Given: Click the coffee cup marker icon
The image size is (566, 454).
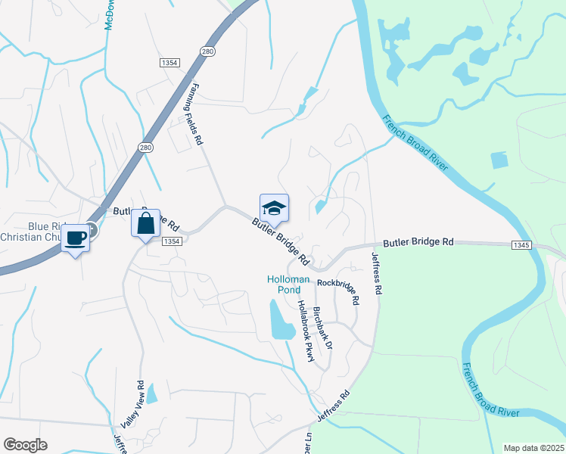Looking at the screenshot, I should click(x=75, y=238).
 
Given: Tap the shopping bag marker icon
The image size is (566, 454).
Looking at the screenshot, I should click(x=145, y=223).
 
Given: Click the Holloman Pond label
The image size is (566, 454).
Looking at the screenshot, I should click(x=288, y=285).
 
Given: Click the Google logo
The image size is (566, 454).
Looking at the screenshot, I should click(x=25, y=445).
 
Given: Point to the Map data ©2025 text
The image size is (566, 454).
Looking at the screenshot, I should click(x=533, y=447).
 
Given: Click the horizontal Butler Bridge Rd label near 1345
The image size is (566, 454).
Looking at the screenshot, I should click(x=418, y=242).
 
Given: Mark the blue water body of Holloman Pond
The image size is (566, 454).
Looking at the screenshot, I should click(x=280, y=322).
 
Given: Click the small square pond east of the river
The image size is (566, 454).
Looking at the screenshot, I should click(x=499, y=160).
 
